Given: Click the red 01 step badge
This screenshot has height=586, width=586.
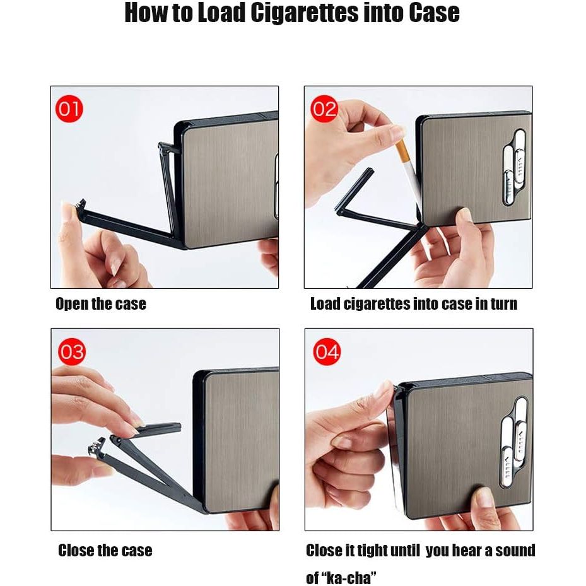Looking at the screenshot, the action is (69, 108).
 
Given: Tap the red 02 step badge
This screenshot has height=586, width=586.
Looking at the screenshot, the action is (324, 108).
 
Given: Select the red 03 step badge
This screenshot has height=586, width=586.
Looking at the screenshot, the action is (72, 352).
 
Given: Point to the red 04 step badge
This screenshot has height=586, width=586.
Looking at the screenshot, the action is (327, 352).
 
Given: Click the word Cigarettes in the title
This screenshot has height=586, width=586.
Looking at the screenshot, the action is (304, 13).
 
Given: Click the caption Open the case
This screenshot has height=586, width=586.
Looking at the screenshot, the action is (101, 304).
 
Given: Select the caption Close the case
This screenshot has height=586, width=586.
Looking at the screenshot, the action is (105, 551).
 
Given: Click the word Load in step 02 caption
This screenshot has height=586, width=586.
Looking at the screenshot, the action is (325, 304).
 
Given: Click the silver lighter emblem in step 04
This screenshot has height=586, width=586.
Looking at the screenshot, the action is (515, 442).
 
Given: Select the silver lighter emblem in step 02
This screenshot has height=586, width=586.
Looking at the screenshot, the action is (515, 167).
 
